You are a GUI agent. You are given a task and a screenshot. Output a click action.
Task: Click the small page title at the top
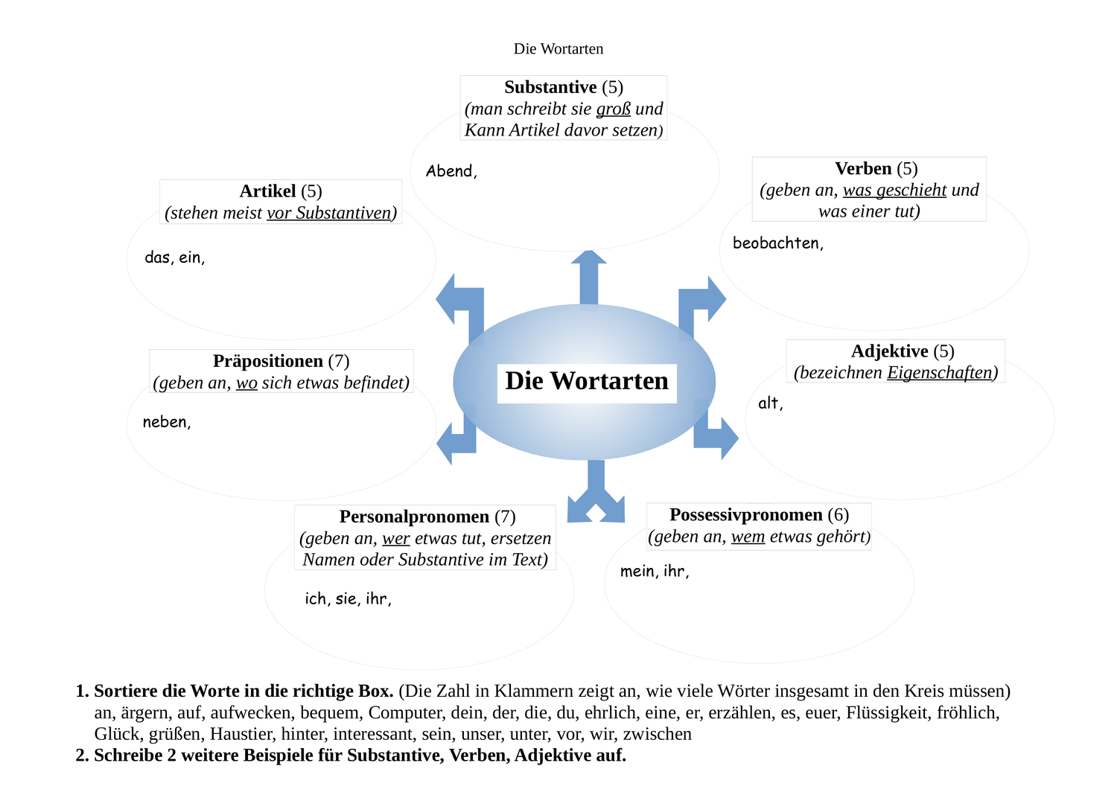[558, 49]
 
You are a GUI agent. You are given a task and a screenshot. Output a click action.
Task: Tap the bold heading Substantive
[550, 88]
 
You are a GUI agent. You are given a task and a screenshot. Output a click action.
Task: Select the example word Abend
[449, 171]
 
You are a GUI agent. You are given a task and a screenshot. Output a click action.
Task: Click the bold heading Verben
[863, 169]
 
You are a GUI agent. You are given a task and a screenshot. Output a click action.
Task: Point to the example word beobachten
[776, 243]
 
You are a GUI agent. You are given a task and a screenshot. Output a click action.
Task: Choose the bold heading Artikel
[267, 191]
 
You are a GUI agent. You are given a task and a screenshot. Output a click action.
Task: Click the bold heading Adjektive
[889, 351]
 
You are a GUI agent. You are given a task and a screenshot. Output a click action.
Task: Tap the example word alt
[768, 403]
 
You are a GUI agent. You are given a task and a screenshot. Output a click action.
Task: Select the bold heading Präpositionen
[267, 362]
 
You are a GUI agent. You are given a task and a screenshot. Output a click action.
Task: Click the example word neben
[165, 422]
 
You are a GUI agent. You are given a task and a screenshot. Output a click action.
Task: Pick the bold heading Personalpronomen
[414, 517]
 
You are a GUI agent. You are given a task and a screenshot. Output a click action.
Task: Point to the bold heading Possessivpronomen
[745, 515]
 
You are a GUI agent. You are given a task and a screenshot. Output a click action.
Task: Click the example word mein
[637, 572]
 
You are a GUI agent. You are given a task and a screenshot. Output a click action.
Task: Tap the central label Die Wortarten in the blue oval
[587, 382]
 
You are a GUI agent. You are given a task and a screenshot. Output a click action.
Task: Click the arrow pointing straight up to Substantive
[589, 275]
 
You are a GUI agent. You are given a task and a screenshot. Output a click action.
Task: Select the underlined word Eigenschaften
[940, 373]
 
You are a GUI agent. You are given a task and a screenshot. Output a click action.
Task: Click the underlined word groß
[613, 109]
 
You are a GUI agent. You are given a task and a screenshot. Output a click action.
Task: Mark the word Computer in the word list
[406, 713]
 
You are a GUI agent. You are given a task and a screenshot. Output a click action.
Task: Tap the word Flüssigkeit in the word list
[888, 713]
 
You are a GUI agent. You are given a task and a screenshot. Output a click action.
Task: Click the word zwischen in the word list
[657, 735]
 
